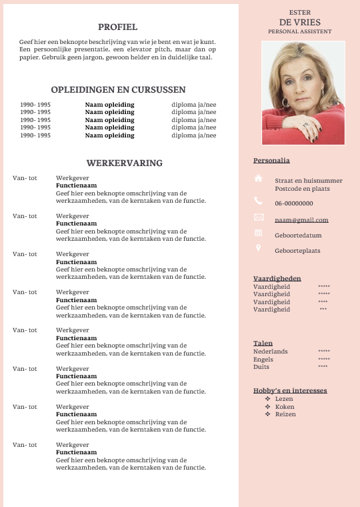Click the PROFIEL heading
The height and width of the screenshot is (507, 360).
117,27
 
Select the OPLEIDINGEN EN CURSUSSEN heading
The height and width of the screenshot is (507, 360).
118,90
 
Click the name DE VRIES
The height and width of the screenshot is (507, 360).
300,22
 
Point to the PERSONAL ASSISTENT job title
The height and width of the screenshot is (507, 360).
299,31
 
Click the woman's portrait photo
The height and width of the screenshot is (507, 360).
303,93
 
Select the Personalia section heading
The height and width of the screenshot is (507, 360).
271,161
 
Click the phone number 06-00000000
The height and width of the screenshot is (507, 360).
294,203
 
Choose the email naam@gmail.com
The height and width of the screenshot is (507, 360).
301,220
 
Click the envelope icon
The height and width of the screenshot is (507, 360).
259,217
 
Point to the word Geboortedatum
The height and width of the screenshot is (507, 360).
298,235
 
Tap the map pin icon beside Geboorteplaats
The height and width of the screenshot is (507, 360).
259,248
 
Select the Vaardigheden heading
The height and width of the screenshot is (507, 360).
277,278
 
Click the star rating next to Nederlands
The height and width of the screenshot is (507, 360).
324,352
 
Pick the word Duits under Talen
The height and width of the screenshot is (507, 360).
261,367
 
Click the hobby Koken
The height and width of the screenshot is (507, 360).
285,406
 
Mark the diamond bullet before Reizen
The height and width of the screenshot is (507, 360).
267,414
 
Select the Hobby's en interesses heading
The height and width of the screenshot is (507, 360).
290,390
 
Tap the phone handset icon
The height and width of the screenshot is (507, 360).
259,201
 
